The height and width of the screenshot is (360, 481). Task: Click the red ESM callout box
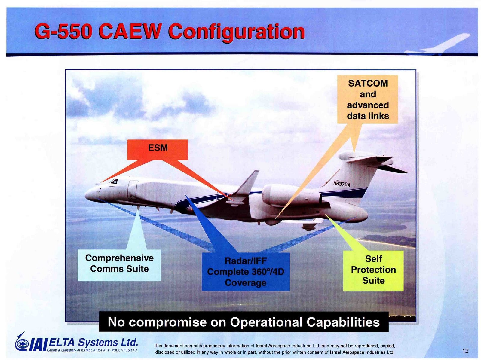click(157, 150)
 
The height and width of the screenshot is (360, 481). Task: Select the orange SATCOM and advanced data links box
click(367, 99)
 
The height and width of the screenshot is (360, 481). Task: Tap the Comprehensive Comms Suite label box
click(119, 265)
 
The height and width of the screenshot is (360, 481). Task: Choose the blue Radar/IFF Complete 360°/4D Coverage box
click(245, 272)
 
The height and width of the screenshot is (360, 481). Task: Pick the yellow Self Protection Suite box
click(373, 271)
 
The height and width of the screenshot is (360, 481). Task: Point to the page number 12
click(465, 351)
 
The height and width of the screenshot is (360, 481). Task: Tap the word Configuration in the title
click(236, 33)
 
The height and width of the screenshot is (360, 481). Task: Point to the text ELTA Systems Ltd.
click(93, 342)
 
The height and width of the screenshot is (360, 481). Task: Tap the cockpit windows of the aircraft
click(113, 181)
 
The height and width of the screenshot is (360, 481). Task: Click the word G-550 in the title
click(62, 32)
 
